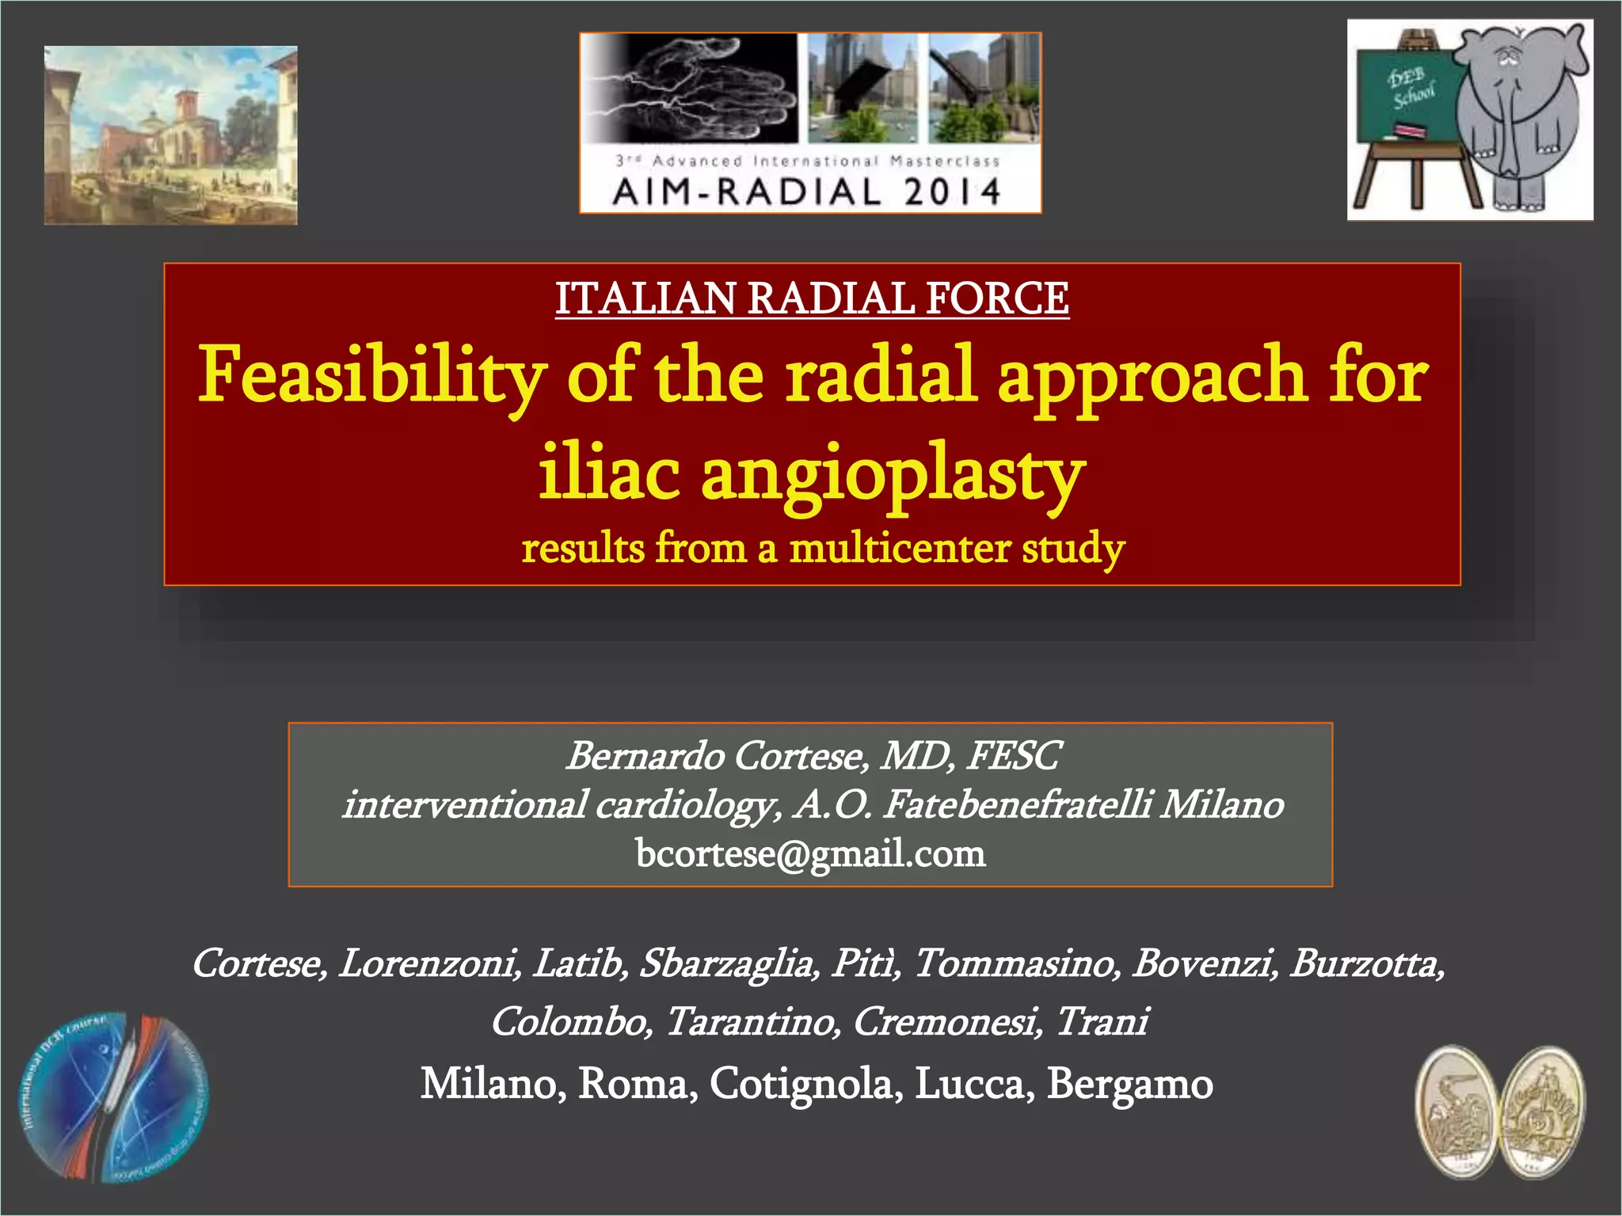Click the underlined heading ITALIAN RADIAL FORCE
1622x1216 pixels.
pos(812,299)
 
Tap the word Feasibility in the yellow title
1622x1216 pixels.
pos(371,374)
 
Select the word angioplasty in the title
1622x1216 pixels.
pos(893,474)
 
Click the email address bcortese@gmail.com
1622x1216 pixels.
pos(810,853)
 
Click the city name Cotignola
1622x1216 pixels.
pos(805,1083)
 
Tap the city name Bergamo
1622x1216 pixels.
pos(1129,1083)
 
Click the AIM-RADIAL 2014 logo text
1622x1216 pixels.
pos(807,192)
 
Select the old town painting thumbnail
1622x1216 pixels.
pos(171,135)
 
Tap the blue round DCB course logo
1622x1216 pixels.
pos(115,1097)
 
